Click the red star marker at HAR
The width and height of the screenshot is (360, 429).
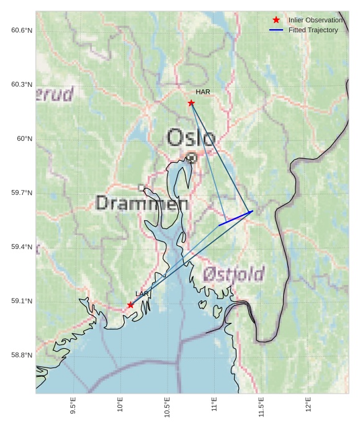tap(191, 103)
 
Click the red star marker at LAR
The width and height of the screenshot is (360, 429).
tap(130, 305)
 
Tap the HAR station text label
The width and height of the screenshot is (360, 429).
tap(203, 92)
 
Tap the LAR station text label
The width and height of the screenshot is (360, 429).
tap(142, 294)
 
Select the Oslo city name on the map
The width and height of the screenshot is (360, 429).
tap(191, 138)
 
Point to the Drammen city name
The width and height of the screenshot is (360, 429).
tap(142, 203)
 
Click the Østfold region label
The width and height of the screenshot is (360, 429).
tap(233, 273)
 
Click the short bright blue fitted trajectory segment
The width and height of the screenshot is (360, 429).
tap(236, 218)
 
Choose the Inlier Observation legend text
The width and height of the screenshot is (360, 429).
tap(315, 20)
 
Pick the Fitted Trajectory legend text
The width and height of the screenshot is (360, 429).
tap(313, 30)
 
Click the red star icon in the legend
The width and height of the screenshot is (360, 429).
tap(276, 20)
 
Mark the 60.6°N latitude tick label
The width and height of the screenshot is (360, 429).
tap(21, 30)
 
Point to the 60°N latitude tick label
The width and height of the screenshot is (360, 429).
tap(24, 138)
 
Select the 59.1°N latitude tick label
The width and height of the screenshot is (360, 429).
tap(21, 301)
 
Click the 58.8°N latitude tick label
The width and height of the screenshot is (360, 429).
tap(21, 355)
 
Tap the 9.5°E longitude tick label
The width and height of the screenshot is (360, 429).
tap(73, 406)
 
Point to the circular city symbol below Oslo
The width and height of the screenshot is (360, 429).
tap(192, 158)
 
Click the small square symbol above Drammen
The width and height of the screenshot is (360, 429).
tap(142, 187)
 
